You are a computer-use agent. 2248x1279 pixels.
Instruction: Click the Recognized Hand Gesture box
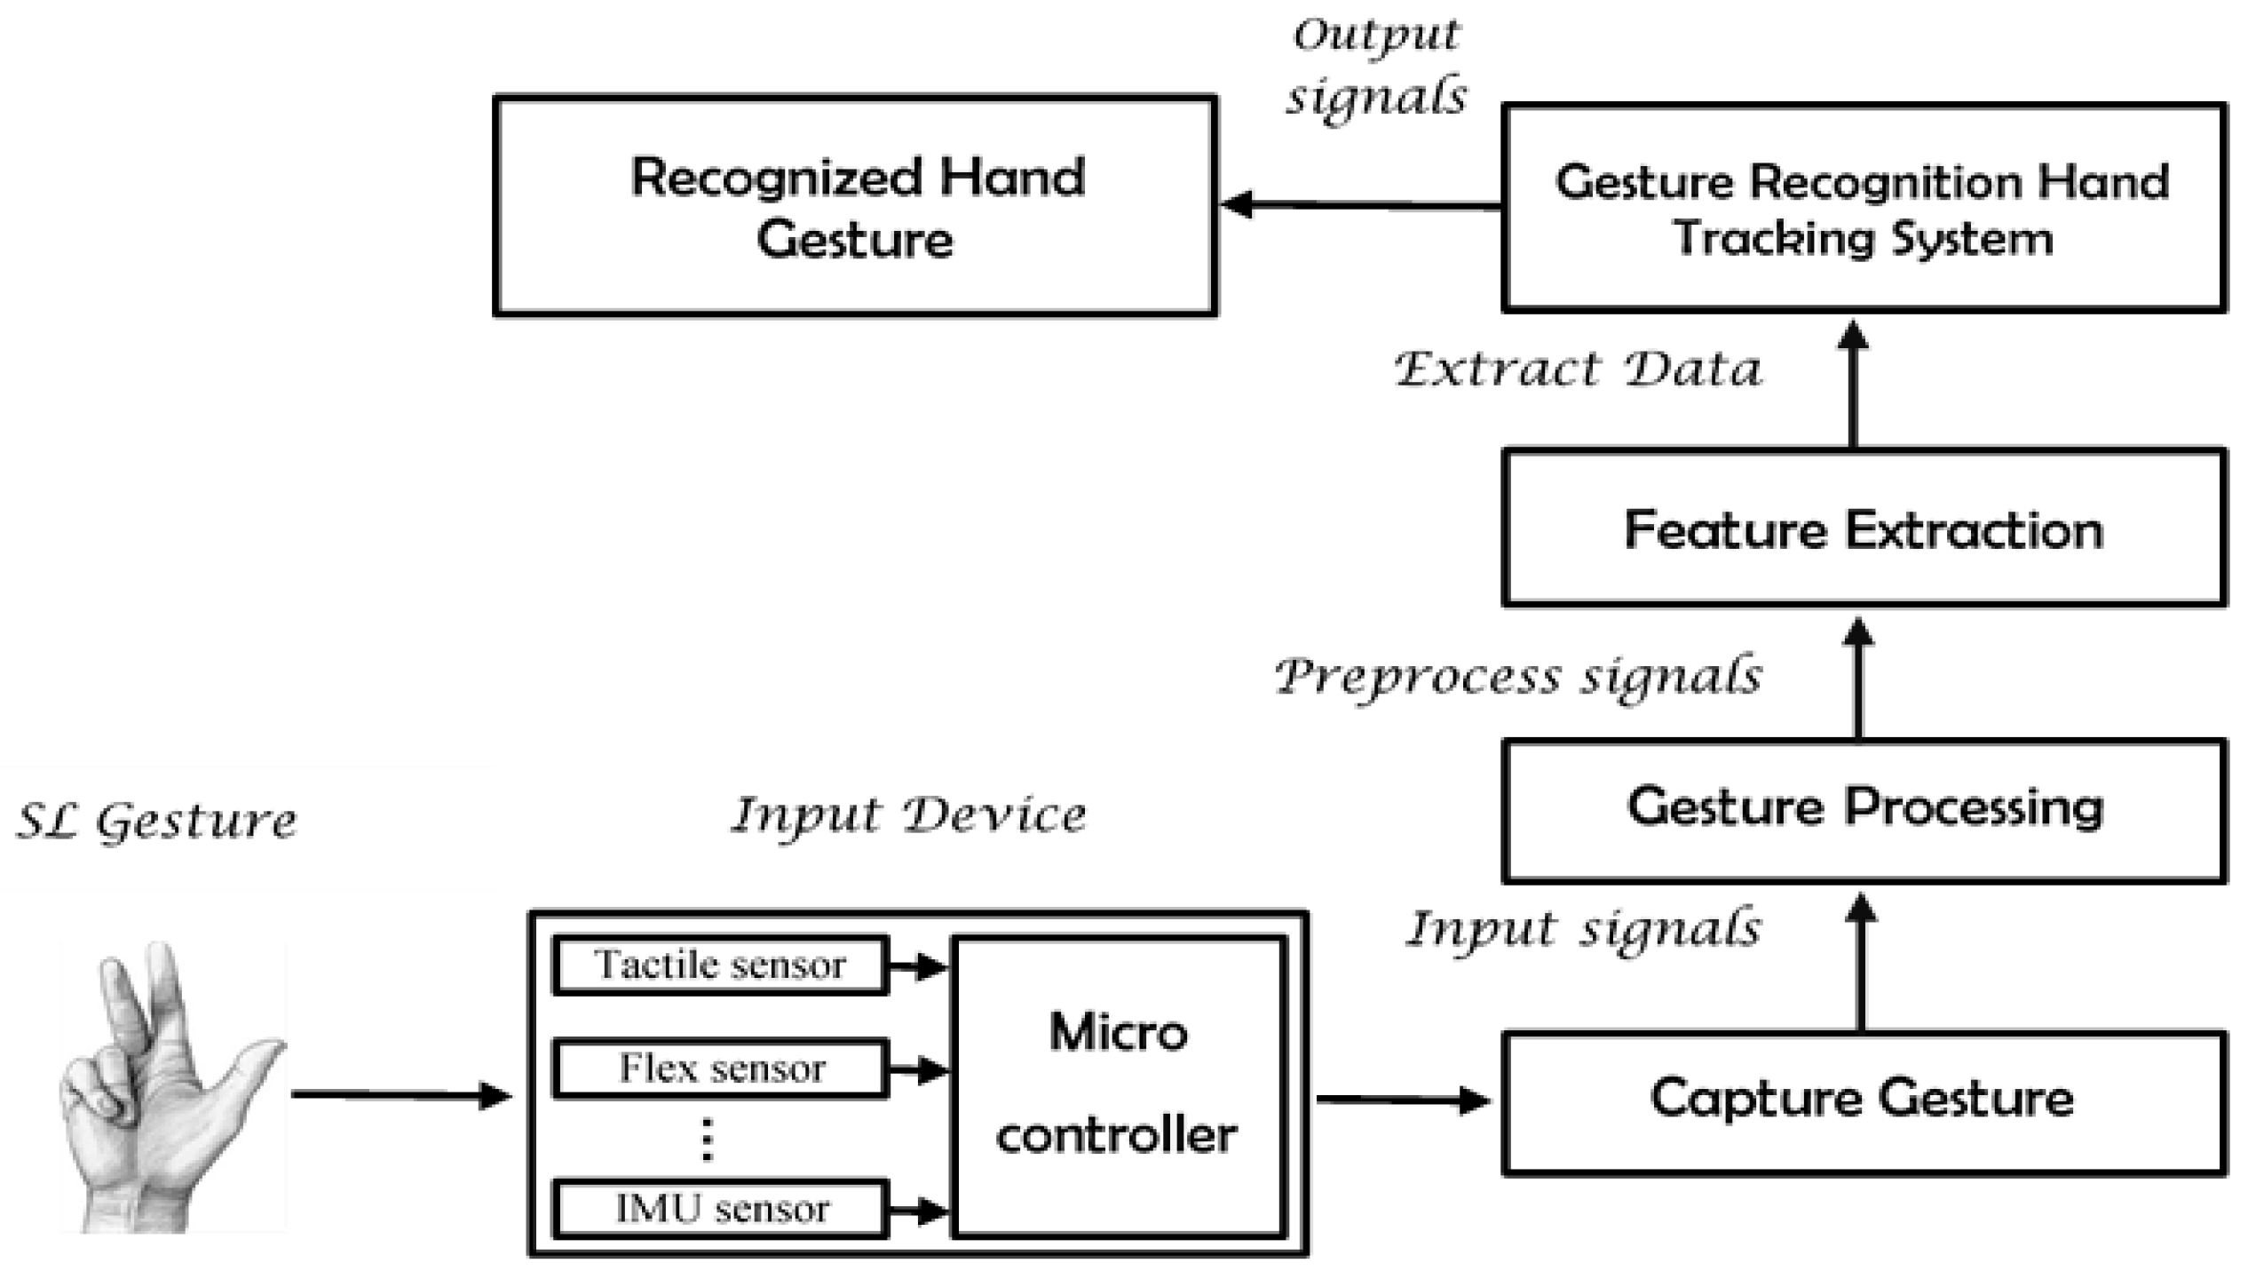point(855,206)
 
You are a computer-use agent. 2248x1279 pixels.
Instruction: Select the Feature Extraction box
point(1863,529)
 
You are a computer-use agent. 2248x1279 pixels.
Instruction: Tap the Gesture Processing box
point(1863,810)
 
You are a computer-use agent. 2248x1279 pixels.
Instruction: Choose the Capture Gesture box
point(1863,1101)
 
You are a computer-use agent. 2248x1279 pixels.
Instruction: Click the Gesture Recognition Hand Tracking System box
point(1863,209)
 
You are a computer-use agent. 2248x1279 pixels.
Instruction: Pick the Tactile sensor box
point(720,965)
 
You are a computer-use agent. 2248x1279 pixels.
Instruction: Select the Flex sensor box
point(720,1068)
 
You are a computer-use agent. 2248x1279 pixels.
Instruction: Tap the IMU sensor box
point(720,1209)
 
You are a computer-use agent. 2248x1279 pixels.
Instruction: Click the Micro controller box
point(1118,1085)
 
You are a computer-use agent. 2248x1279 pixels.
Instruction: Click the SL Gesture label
point(157,822)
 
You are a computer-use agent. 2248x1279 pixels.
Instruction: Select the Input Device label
point(908,815)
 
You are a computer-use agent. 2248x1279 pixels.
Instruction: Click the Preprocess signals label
point(1518,677)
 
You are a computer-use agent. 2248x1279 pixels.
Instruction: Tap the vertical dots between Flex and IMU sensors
point(707,1140)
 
